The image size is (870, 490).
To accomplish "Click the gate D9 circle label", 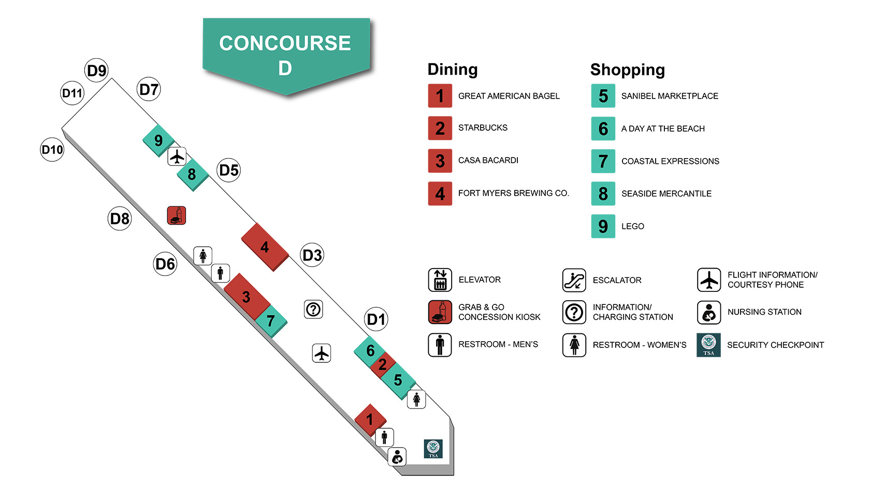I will click(97, 71).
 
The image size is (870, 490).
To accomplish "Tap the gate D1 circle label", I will click(376, 319).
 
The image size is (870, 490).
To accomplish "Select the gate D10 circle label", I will click(52, 150).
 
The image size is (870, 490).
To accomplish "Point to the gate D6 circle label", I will click(165, 264).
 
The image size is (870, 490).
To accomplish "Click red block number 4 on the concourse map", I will click(265, 247).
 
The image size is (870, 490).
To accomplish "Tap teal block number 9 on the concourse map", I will click(158, 140).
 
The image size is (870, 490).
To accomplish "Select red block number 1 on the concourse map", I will click(370, 419).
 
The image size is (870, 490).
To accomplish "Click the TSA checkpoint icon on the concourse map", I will click(433, 449).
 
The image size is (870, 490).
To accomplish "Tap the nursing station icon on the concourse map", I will click(397, 457).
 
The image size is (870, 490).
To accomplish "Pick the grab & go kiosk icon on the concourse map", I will click(177, 215).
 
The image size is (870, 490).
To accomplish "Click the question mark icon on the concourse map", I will click(313, 310).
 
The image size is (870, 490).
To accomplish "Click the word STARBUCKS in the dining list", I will click(483, 128).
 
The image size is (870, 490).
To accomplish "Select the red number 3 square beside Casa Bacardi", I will click(440, 161).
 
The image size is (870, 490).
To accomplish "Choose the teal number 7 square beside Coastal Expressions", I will click(603, 161).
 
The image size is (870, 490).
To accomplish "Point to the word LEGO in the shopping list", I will click(633, 227).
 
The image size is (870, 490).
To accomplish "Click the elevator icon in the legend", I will click(440, 280).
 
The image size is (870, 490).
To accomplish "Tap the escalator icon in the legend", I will click(574, 281).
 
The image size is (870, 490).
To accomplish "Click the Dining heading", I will click(453, 69).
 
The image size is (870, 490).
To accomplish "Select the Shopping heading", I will click(628, 69).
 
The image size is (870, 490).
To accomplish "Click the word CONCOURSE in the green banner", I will click(285, 43).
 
